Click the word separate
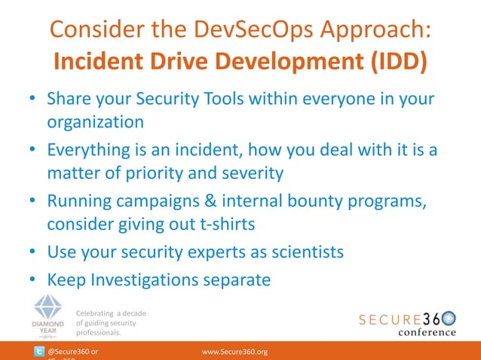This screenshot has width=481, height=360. pyautogui.click(x=238, y=280)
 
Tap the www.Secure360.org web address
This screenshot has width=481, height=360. pyautogui.click(x=235, y=352)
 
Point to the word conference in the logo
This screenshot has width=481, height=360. pyautogui.click(x=427, y=332)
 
